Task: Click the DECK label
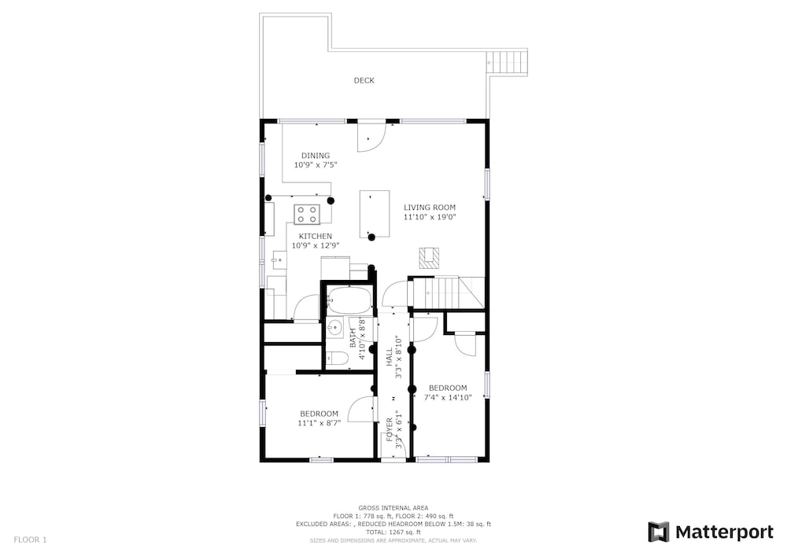pos(364,80)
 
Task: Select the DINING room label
pos(316,156)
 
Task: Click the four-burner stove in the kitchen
pos(307,214)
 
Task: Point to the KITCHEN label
pos(316,236)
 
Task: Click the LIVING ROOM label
pos(430,207)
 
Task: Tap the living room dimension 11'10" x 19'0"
pos(430,217)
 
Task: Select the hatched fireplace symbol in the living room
pos(429,258)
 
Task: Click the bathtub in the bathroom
pos(350,300)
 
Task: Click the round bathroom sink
pos(334,329)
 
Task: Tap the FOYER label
pos(390,429)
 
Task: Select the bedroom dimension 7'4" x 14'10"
pos(448,398)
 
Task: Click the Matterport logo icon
pos(659,532)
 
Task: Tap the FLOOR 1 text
pos(30,540)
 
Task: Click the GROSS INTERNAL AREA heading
pos(393,508)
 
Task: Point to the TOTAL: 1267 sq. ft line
pos(393,532)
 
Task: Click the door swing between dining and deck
pos(371,136)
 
